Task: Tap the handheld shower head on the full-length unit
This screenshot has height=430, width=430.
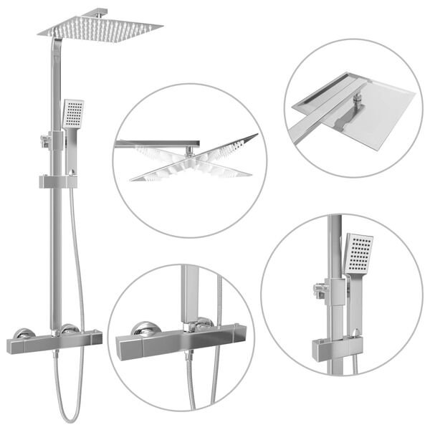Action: coord(72,114)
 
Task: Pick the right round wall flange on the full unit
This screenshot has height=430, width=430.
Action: coord(69,329)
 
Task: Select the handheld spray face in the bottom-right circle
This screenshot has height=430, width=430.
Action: coord(359,254)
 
